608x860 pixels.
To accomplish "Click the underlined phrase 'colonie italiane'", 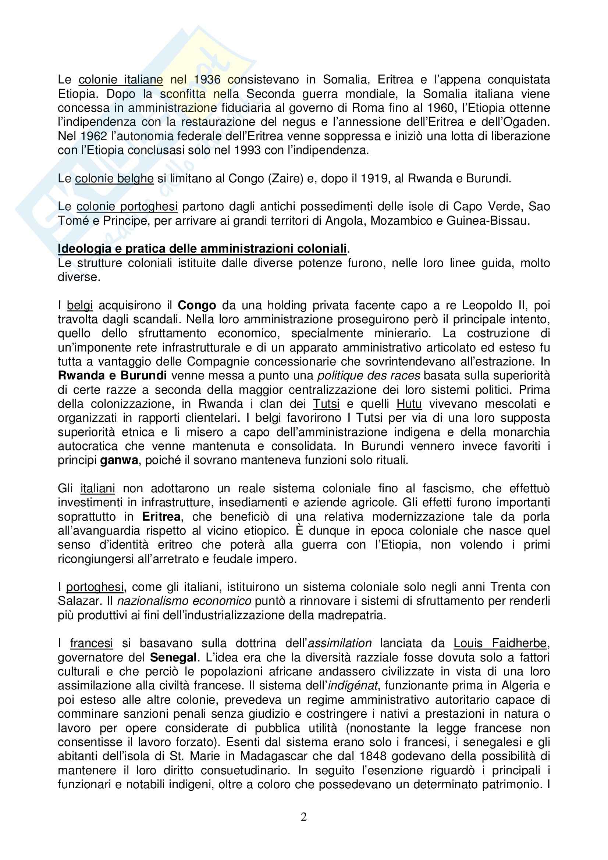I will click(121, 79).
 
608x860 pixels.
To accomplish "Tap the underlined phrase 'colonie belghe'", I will click(114, 178).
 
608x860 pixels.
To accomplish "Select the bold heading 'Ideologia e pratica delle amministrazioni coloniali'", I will click(202, 249).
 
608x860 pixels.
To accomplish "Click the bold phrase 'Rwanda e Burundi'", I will click(113, 376).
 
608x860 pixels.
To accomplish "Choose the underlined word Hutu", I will click(409, 404).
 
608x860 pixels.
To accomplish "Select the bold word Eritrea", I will click(161, 517).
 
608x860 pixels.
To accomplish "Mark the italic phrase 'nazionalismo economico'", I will click(184, 601).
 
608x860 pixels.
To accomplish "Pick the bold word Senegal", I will click(174, 657).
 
